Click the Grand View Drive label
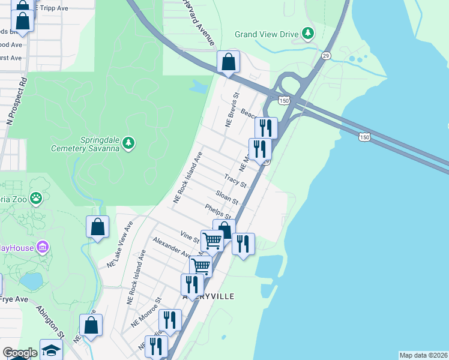266,34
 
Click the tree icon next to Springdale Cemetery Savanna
128,143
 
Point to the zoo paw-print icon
37,197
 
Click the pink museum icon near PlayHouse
42,247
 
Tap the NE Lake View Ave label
120,245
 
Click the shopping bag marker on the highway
228,62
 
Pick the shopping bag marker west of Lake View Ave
97,227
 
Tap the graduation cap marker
51,350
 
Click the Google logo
20,353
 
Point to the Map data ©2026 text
423,355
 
